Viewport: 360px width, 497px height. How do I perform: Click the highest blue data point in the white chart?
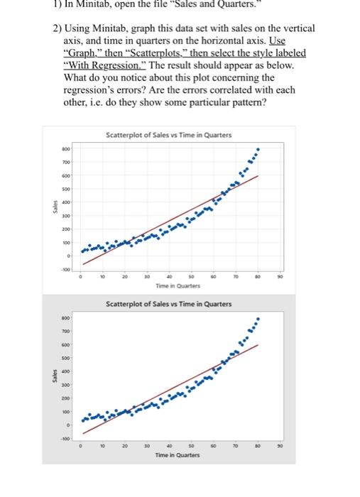258,151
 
